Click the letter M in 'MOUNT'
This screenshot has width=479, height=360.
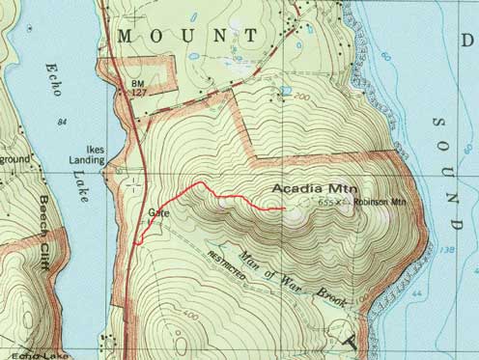click(126, 35)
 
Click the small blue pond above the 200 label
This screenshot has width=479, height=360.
click(285, 91)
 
